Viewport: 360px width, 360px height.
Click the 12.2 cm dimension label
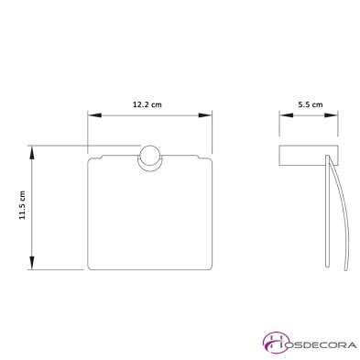(147, 104)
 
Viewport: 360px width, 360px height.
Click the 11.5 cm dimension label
(23, 205)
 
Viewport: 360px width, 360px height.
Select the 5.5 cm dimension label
(311, 104)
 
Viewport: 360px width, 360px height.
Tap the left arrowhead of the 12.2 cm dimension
(94, 115)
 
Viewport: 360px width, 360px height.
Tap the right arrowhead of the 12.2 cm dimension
(205, 115)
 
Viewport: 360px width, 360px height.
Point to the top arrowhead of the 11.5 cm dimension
(31, 153)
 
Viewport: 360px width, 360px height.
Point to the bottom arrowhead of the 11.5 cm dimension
(31, 263)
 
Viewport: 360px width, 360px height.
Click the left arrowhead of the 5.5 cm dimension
(286, 115)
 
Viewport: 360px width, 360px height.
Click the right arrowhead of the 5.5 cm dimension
(331, 115)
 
